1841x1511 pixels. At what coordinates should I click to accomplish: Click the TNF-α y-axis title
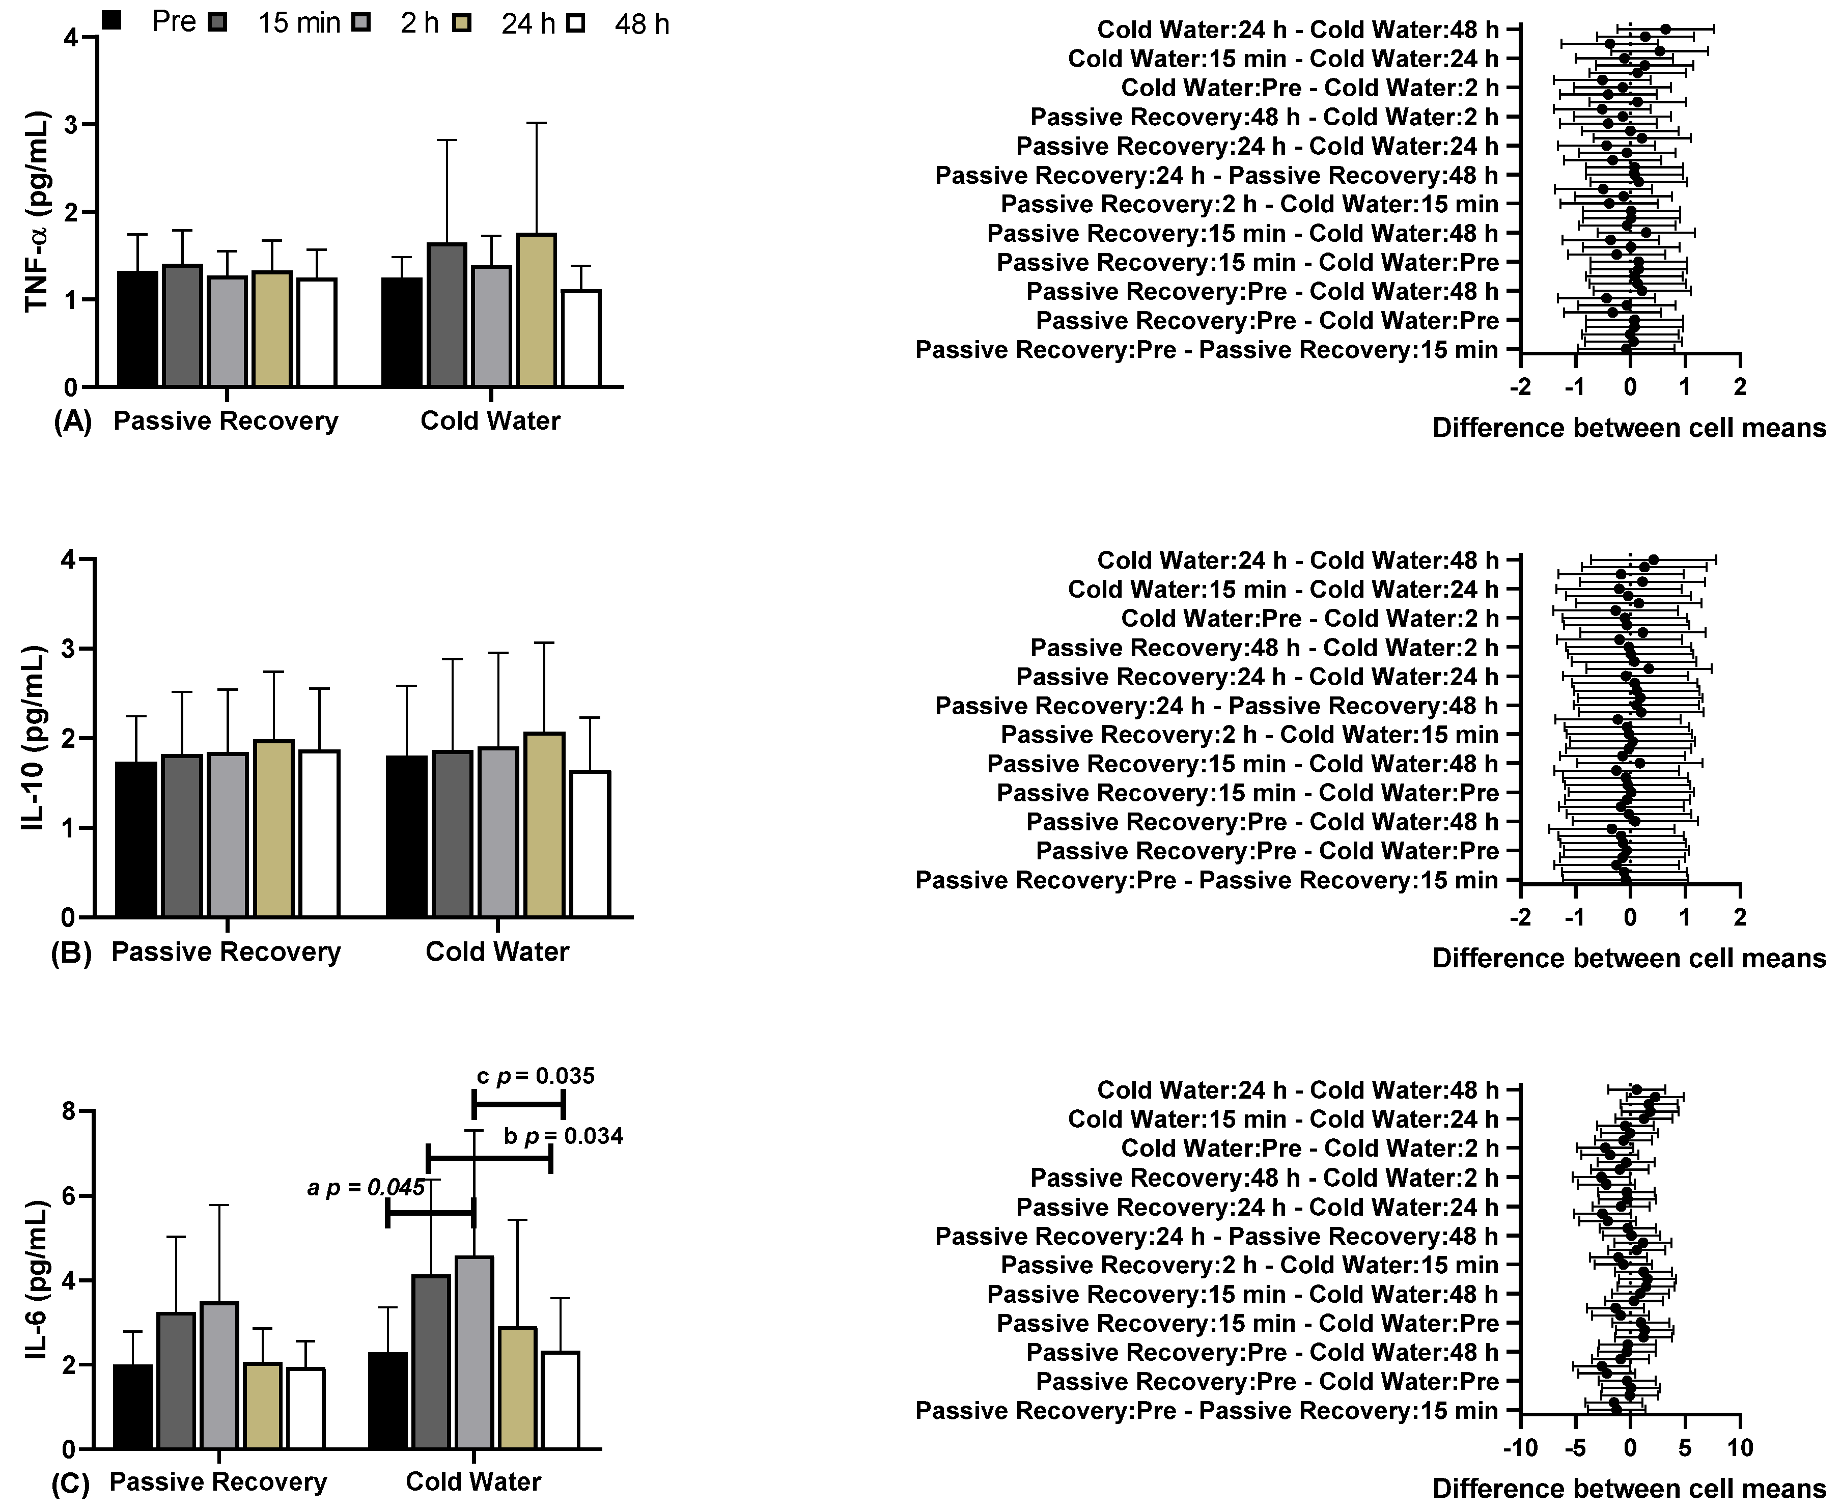tap(37, 211)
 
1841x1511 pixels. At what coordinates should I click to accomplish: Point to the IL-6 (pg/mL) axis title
tap(37, 1279)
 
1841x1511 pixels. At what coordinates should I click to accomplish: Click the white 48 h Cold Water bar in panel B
tap(590, 844)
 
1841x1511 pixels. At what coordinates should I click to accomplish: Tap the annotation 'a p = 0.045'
tap(366, 1188)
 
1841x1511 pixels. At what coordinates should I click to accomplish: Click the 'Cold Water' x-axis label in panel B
tap(496, 952)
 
